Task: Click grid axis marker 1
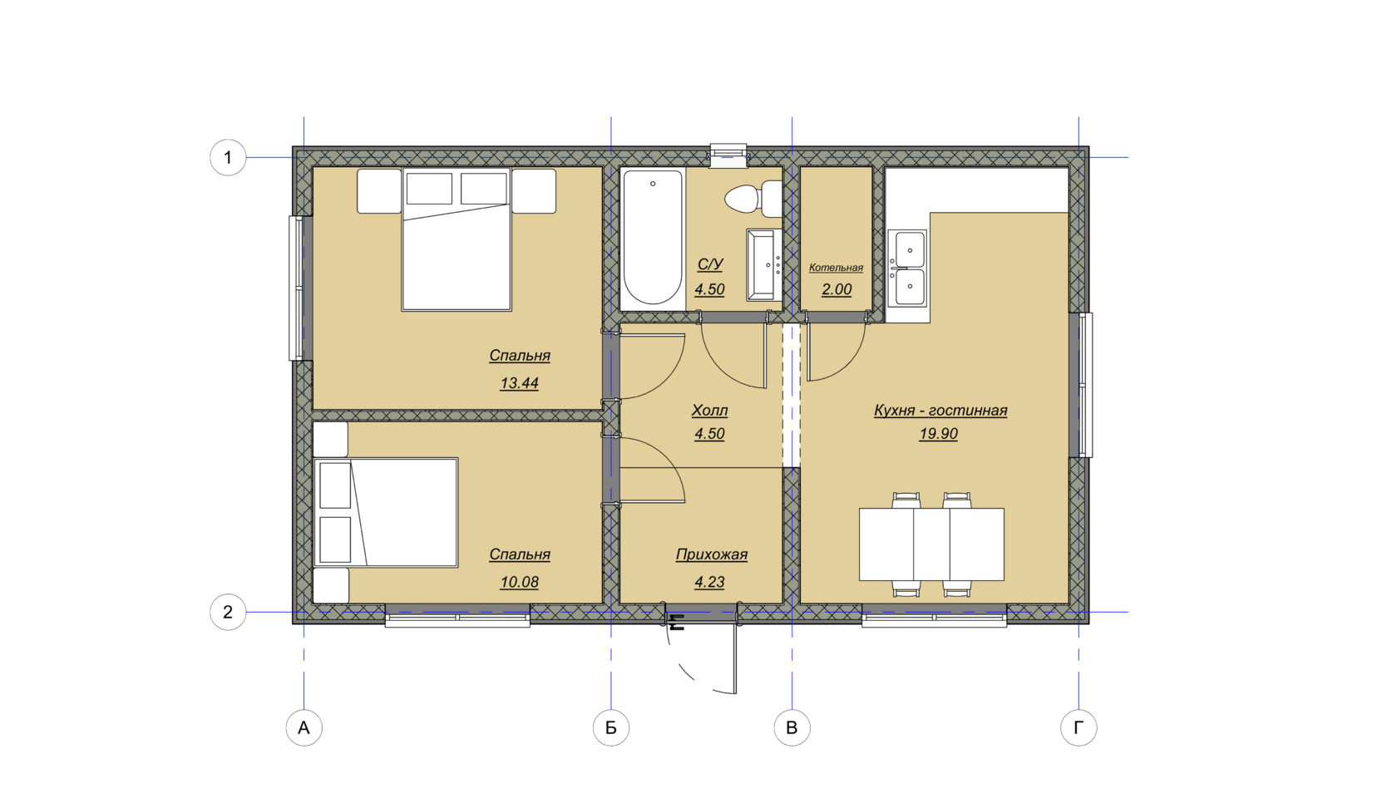point(228,157)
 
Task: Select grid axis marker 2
point(228,612)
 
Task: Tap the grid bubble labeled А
point(304,727)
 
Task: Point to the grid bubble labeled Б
point(610,727)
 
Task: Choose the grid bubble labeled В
point(792,727)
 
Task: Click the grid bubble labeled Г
point(1079,727)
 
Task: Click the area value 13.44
point(519,383)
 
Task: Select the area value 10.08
point(519,582)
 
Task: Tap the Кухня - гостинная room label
point(940,411)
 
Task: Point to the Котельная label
point(836,268)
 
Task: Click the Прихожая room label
point(712,554)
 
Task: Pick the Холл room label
point(710,411)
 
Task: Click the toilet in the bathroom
point(753,199)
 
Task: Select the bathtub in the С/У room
point(653,238)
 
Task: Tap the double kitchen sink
point(907,268)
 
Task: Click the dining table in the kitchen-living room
point(931,544)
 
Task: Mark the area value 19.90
point(938,434)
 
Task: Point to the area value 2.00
point(837,289)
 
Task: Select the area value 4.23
point(710,582)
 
